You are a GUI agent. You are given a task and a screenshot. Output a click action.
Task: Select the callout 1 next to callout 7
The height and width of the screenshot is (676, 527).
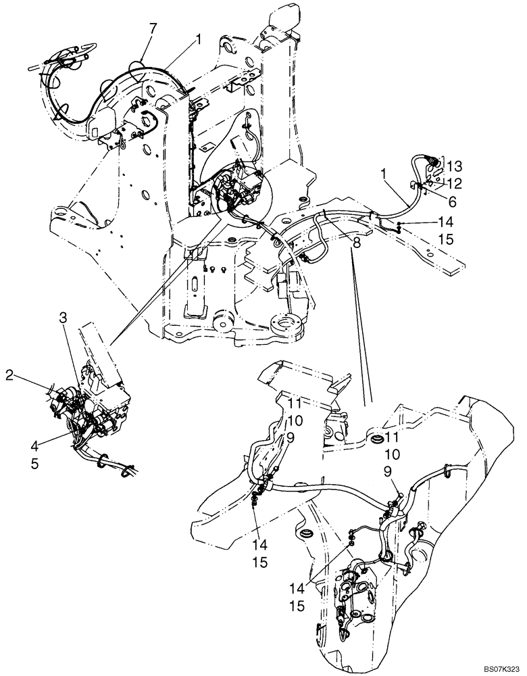pos(198,41)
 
